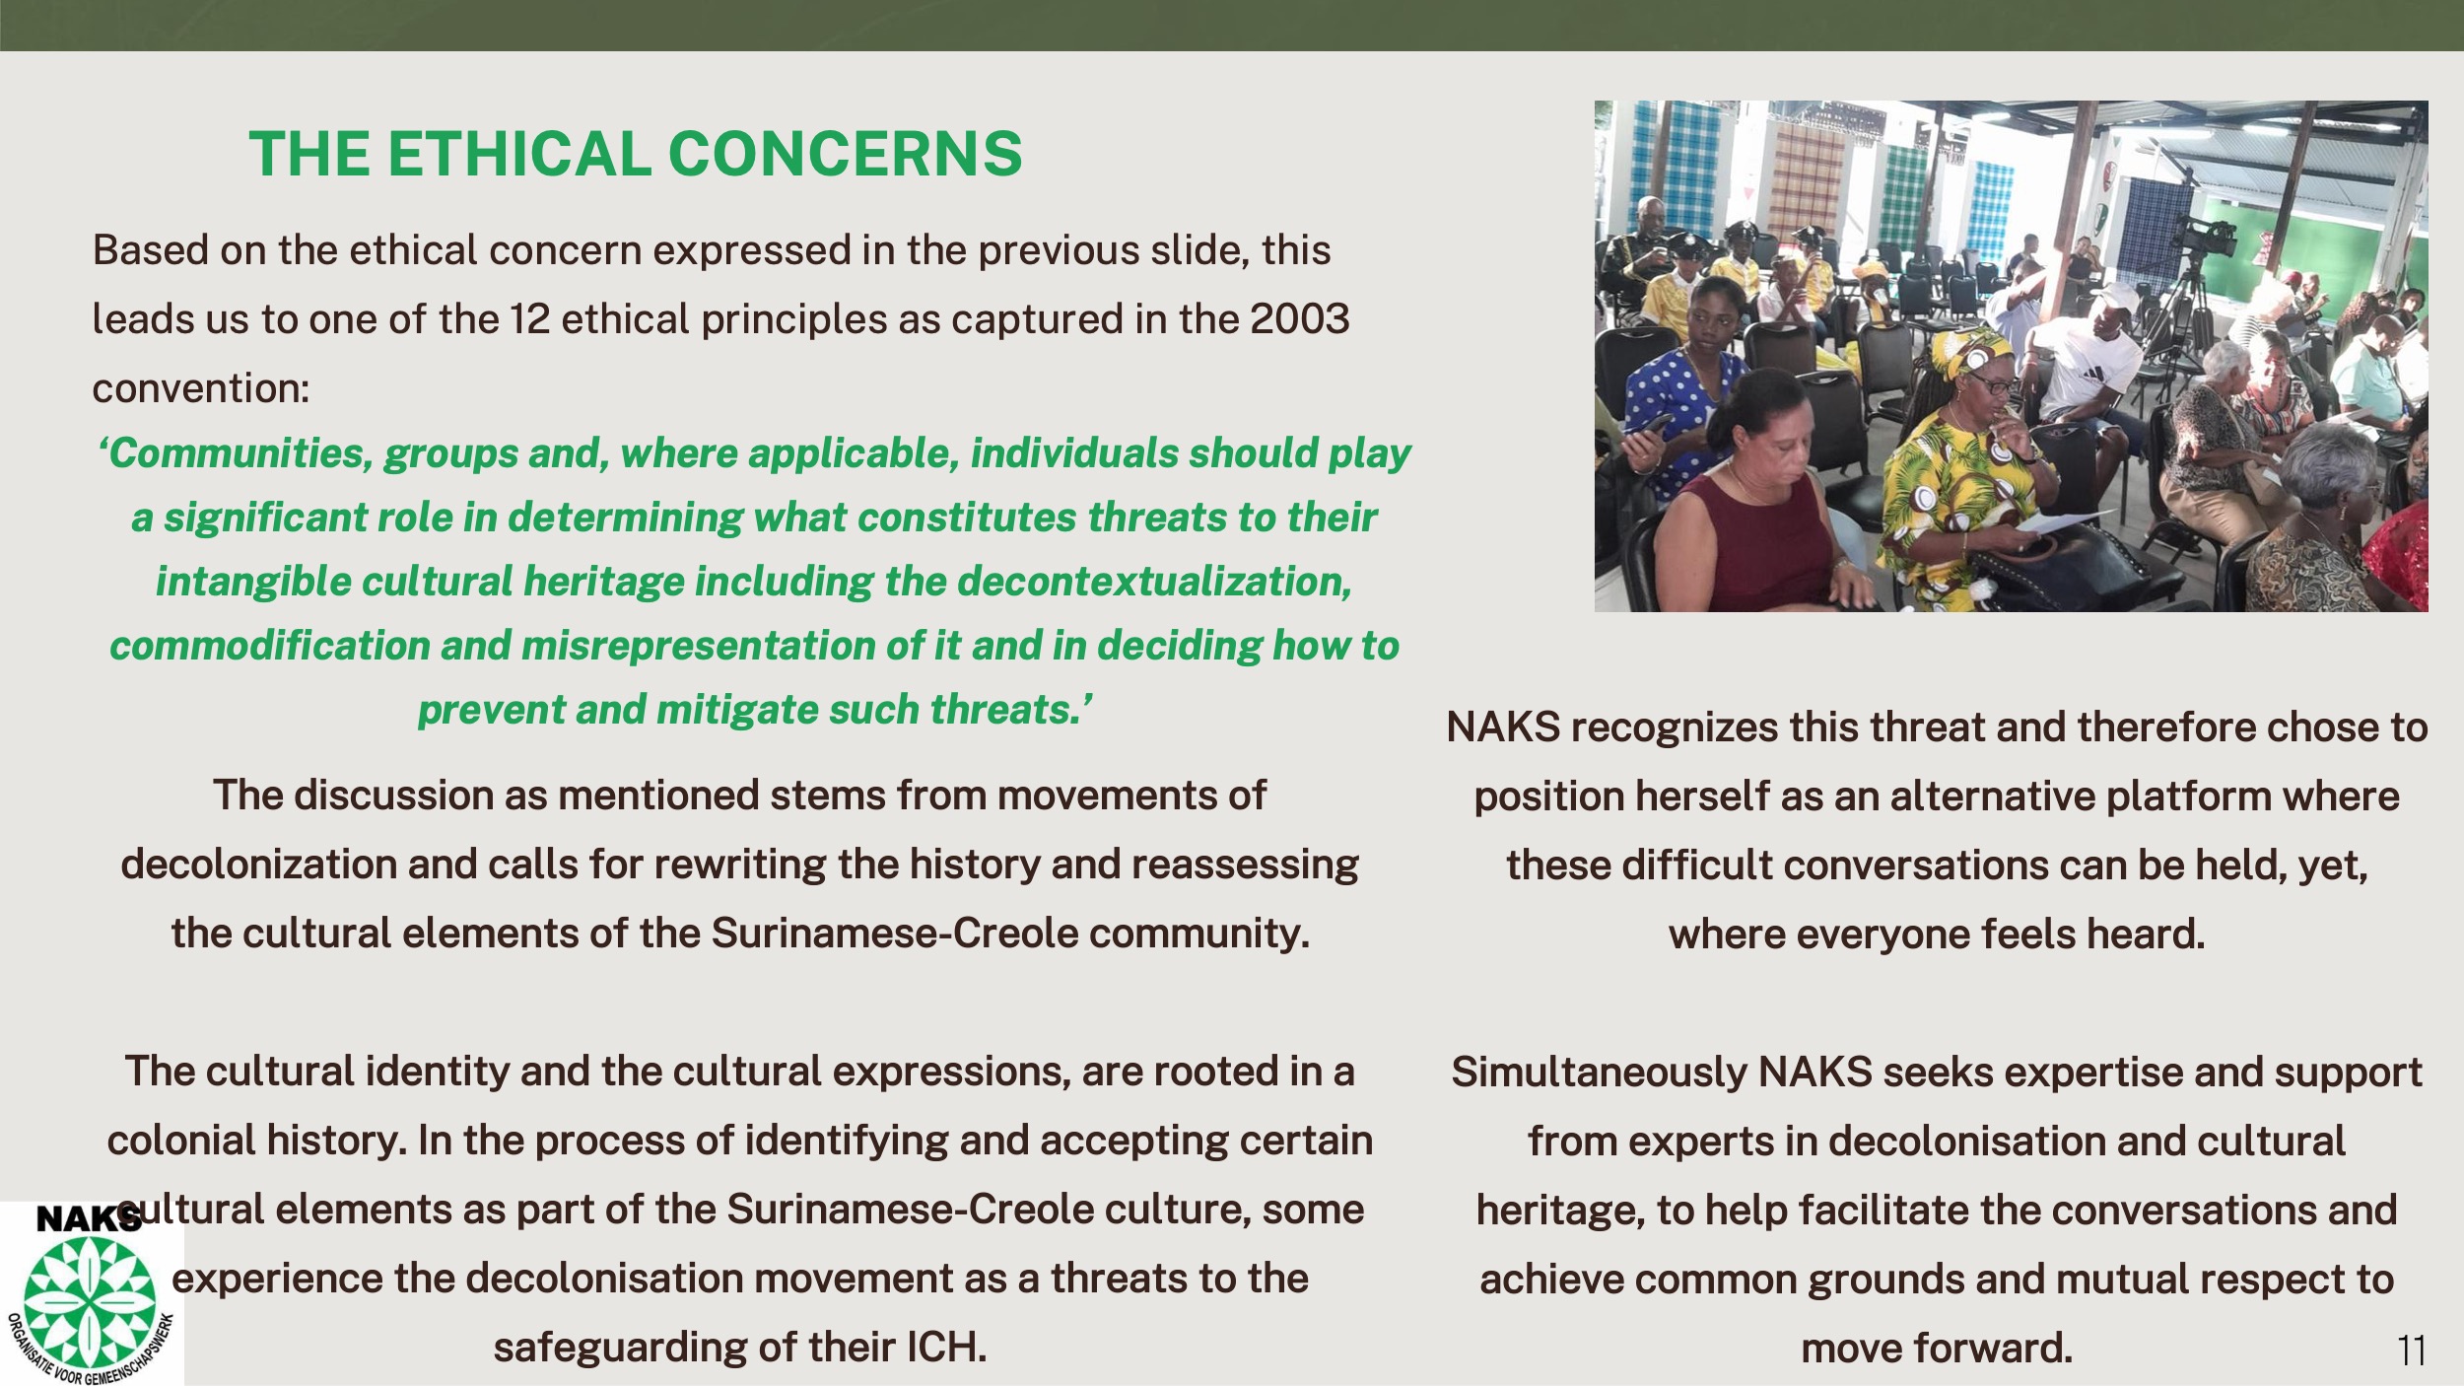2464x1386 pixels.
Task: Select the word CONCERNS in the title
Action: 846,154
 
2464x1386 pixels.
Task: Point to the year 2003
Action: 1299,319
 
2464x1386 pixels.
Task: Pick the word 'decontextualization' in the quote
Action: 1154,582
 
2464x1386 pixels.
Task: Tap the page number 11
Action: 2412,1350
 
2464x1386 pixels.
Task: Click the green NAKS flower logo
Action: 89,1302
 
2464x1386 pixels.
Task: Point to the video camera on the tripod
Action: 2205,237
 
